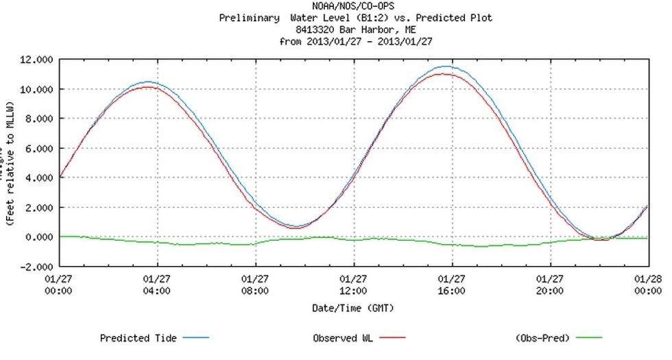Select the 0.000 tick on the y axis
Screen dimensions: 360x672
36,237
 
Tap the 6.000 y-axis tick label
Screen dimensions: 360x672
36,148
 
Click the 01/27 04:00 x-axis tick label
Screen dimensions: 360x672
157,285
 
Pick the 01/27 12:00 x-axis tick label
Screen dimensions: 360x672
354,285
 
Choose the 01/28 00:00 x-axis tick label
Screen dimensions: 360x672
649,285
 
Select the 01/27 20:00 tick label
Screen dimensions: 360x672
550,285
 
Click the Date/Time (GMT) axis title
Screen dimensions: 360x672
353,308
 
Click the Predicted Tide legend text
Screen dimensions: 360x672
138,338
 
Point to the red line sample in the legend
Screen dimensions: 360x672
392,338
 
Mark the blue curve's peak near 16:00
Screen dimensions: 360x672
447,67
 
